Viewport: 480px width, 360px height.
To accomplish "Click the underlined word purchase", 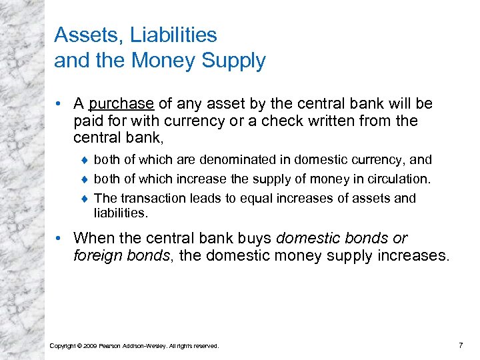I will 121,104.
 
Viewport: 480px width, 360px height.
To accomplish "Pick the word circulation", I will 397,179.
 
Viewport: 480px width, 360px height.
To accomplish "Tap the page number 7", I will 461,345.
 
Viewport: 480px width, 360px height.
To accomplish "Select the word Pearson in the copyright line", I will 110,345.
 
